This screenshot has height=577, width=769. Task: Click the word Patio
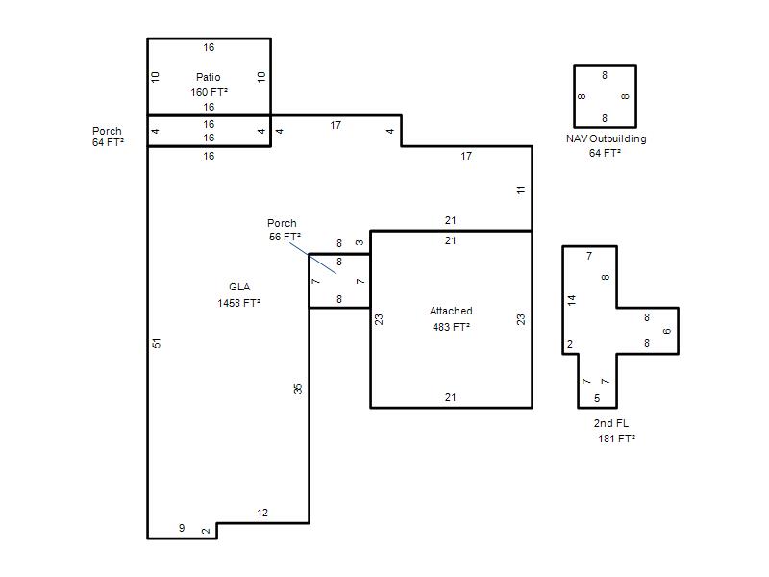[x=209, y=77]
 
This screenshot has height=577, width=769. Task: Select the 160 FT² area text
[x=209, y=92]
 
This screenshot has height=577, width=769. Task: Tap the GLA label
[x=239, y=287]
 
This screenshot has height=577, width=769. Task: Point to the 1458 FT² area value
[x=238, y=303]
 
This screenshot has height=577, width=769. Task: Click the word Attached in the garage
[x=451, y=311]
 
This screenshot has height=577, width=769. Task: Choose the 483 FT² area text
[x=451, y=327]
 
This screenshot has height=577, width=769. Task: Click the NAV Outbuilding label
[x=607, y=138]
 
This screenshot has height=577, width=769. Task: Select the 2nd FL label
[x=611, y=423]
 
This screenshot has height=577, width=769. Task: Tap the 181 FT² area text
[x=616, y=439]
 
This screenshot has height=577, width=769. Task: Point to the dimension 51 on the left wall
[x=156, y=343]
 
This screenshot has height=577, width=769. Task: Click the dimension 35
[x=298, y=389]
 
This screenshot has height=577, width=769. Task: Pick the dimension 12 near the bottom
[x=262, y=513]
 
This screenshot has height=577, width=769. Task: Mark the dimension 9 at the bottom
[x=182, y=528]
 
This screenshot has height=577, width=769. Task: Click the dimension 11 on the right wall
[x=521, y=189]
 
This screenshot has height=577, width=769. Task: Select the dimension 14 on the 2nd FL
[x=572, y=300]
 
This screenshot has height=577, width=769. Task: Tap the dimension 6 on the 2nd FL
[x=666, y=331]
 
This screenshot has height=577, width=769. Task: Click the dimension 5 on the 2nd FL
[x=597, y=398]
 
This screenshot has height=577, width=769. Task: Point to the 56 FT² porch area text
[x=285, y=237]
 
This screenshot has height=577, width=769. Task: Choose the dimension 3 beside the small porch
[x=360, y=243]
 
